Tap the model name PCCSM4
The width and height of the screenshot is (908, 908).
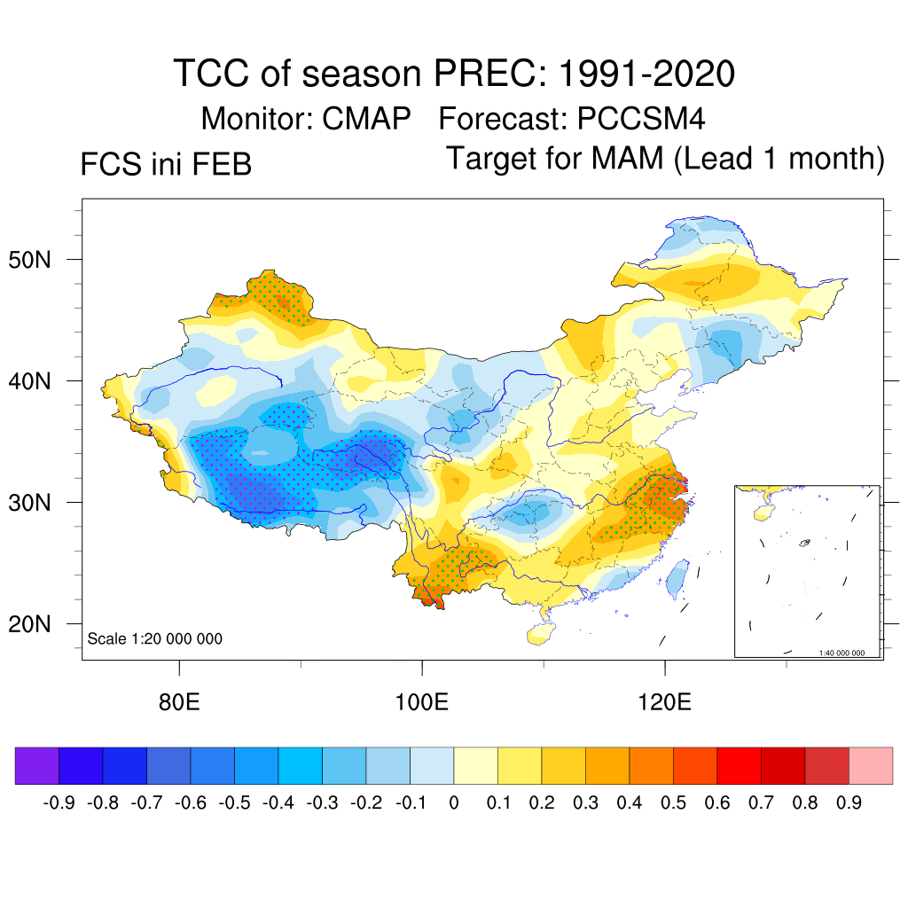641,118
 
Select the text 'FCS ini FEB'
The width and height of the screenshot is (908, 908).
166,165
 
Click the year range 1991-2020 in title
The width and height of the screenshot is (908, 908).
646,74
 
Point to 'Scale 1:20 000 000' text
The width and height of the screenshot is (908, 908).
155,638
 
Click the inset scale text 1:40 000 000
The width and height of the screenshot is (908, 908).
847,653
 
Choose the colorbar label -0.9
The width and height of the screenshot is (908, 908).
59,803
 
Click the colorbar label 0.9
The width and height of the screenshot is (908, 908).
849,803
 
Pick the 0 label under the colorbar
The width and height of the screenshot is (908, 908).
454,803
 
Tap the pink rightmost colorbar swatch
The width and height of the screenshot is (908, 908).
871,765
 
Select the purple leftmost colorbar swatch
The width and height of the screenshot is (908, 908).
36,765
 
